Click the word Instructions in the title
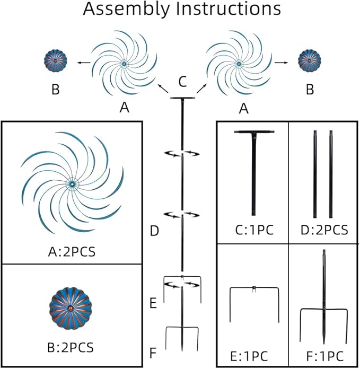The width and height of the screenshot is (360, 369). [x=229, y=10]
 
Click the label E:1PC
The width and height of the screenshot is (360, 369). [x=253, y=353]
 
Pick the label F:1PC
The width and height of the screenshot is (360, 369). [x=323, y=353]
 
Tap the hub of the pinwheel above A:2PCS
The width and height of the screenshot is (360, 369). [x=71, y=183]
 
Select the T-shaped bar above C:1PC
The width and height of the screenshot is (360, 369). [x=254, y=170]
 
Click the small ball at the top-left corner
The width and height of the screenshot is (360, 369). [x=55, y=63]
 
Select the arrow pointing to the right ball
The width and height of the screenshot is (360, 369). [x=282, y=62]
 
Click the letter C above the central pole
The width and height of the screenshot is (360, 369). [x=182, y=82]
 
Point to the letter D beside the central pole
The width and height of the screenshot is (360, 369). [x=154, y=231]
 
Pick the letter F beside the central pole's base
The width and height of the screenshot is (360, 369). [x=154, y=351]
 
